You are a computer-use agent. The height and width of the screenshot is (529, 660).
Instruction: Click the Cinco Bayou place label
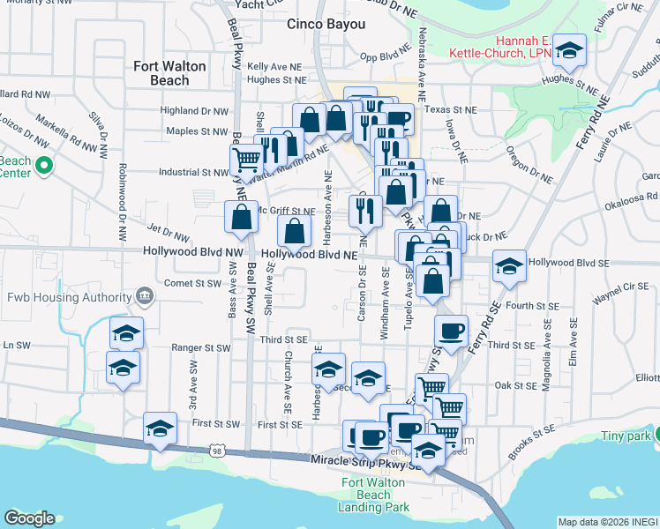click(326, 25)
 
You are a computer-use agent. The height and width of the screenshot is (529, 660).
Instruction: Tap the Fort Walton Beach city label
click(169, 73)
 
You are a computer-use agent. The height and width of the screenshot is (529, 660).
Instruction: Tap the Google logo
click(29, 518)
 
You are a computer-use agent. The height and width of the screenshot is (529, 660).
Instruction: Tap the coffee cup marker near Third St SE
click(452, 332)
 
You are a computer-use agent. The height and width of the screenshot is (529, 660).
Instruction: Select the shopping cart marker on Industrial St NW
click(247, 160)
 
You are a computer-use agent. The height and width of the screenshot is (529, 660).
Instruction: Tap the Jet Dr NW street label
click(169, 234)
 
